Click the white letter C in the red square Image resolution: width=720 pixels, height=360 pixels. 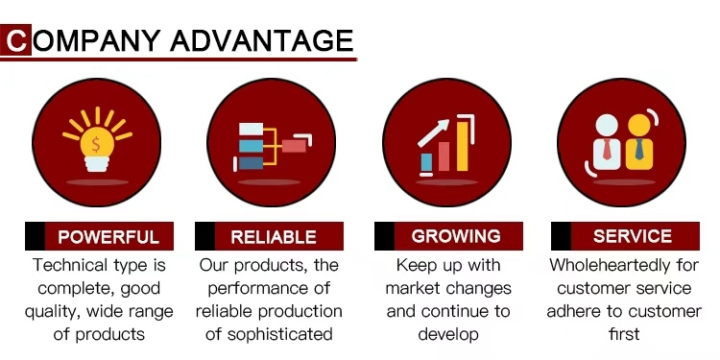point(16,40)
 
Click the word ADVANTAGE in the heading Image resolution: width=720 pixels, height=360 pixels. point(262,40)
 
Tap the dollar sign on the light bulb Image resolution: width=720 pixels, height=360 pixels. point(96,144)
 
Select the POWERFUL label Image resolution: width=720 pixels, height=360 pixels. point(108,236)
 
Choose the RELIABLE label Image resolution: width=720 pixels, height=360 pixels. point(274,236)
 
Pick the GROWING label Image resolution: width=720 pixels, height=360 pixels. point(456,236)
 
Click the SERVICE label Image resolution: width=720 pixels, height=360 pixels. point(633,236)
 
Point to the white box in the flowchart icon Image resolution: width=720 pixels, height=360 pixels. point(252,129)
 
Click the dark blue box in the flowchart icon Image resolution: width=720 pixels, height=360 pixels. point(252,163)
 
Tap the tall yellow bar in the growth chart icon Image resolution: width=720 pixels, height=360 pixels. point(463,146)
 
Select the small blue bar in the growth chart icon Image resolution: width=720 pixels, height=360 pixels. point(426,162)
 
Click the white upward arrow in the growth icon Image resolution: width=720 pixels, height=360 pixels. point(433,132)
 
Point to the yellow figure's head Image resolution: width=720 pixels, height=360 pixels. point(639,126)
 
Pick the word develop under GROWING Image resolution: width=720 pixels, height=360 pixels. point(448,334)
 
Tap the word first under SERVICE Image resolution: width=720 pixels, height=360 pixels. point(624,334)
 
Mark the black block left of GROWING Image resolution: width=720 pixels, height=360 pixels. point(384,236)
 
